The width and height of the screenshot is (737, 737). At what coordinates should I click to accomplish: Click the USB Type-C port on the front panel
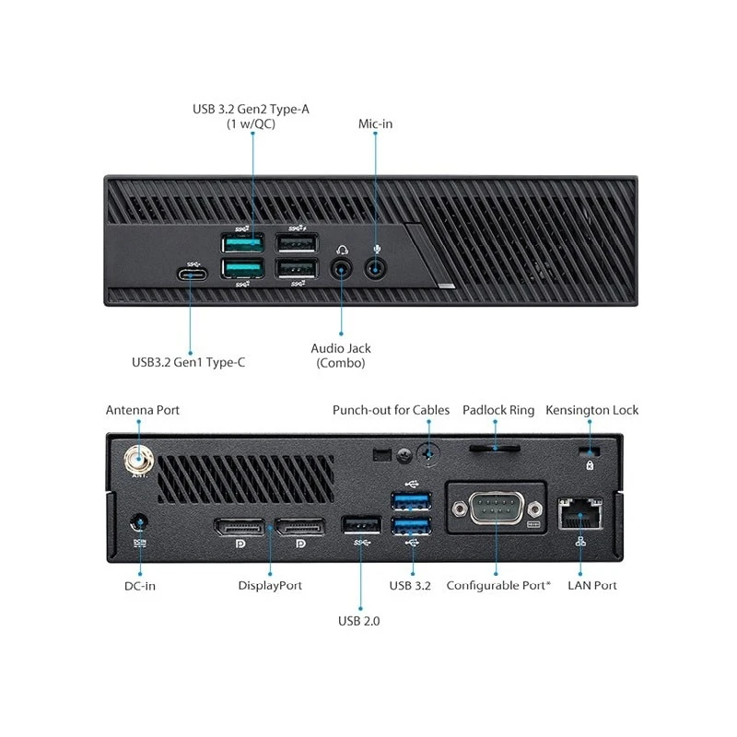192,274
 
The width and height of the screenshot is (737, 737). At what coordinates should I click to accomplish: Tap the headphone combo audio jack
341,270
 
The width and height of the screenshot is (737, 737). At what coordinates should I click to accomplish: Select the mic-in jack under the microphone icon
375,269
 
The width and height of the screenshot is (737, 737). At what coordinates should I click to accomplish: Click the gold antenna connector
139,459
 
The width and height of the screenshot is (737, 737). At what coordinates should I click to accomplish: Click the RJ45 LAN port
580,513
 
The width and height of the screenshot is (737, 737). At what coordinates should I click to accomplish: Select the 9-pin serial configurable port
497,509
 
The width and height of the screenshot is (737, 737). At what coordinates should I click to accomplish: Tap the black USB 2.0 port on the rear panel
361,525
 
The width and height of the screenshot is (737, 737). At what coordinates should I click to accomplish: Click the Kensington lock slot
590,451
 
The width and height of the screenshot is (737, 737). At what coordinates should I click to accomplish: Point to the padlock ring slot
495,448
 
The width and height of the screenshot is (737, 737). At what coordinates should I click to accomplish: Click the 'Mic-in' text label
375,123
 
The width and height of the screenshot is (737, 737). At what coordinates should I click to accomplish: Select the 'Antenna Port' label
143,410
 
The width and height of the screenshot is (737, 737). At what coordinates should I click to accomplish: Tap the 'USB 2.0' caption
358,621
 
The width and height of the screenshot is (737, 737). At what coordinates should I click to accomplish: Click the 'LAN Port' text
592,586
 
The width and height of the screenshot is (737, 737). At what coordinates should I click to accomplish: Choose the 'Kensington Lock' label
591,410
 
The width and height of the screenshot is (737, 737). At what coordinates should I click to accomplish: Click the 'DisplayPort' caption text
270,586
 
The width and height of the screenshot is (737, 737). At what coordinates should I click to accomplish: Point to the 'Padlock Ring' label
498,410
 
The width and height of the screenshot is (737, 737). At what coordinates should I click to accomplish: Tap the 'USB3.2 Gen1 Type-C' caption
189,362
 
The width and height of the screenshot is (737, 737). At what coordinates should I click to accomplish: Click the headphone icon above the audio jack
342,250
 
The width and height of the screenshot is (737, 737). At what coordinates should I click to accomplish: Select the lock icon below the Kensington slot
590,465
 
